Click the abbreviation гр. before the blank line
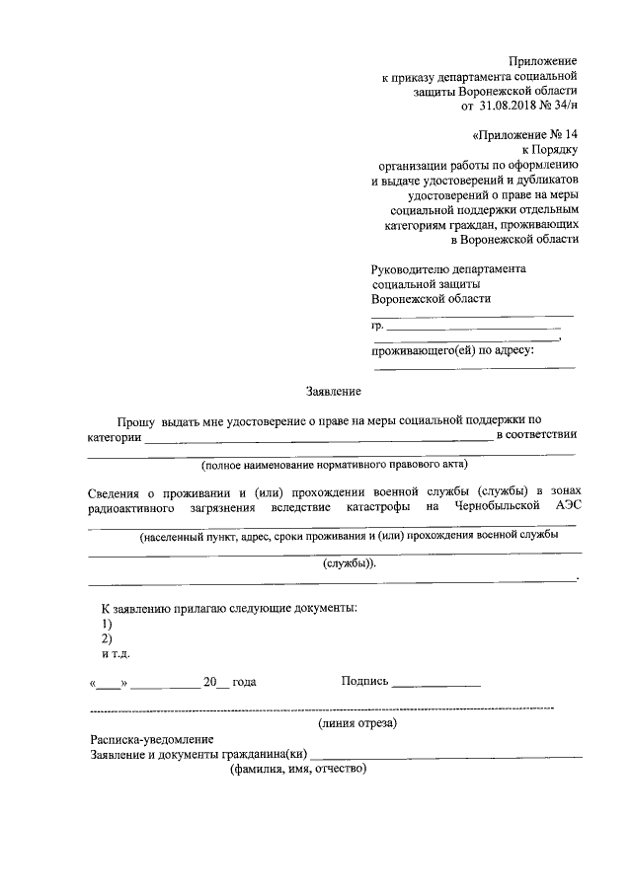click(x=376, y=326)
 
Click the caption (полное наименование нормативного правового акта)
click(x=334, y=464)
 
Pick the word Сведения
click(x=113, y=491)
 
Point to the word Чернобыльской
click(x=498, y=506)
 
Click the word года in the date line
click(x=243, y=682)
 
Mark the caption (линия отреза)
click(x=356, y=723)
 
